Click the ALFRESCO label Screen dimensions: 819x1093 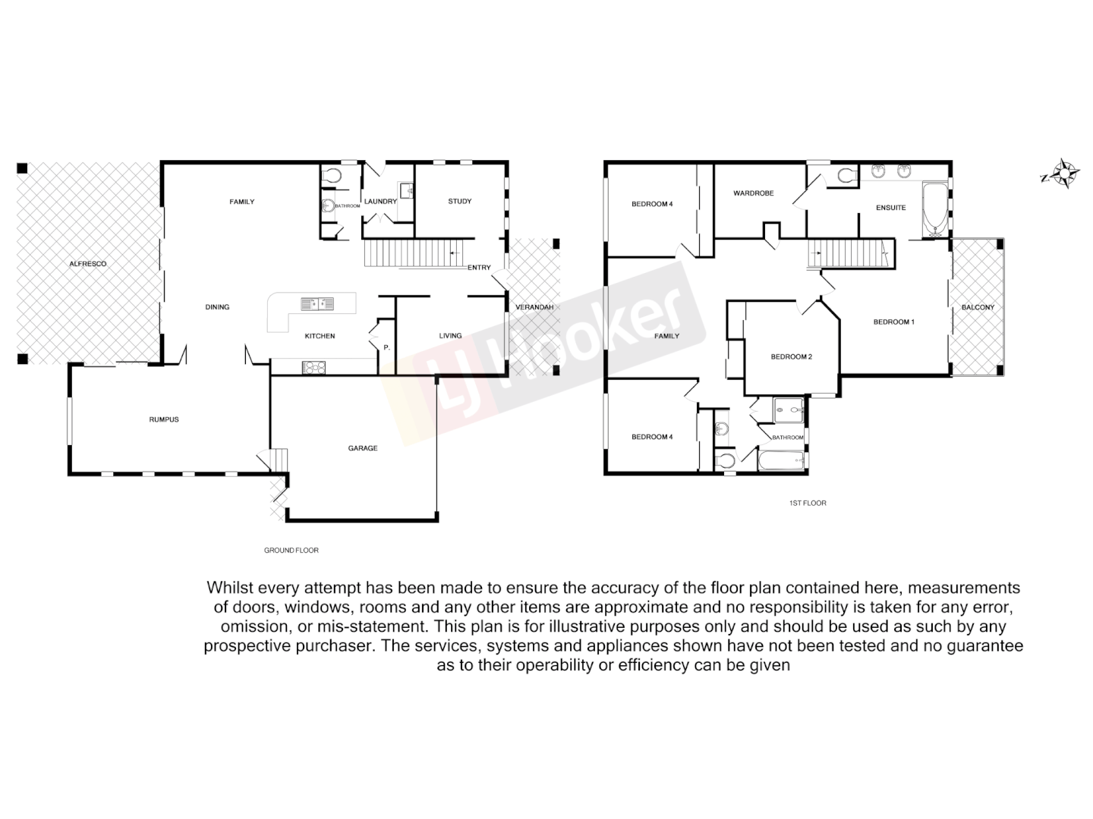point(88,264)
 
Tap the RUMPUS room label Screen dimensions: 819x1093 point(164,419)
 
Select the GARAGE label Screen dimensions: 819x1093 point(363,448)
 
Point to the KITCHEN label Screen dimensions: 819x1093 point(320,336)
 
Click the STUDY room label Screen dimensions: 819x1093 point(459,201)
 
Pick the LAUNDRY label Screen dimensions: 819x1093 point(380,202)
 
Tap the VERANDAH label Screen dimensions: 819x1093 point(534,307)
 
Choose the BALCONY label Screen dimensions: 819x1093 point(978,307)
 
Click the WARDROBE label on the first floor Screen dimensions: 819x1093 point(753,193)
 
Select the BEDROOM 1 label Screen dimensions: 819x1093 point(893,322)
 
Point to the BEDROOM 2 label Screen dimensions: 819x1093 point(792,356)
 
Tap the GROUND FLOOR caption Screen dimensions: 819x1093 point(291,551)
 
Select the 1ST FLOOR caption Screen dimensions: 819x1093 point(808,503)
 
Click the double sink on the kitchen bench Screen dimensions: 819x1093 point(317,304)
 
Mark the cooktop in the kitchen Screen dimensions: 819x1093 point(314,368)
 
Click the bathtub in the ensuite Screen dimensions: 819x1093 point(934,207)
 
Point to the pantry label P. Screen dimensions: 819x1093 point(386,348)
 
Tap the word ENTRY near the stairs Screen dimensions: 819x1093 point(479,267)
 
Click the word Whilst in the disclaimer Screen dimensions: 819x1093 point(229,588)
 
